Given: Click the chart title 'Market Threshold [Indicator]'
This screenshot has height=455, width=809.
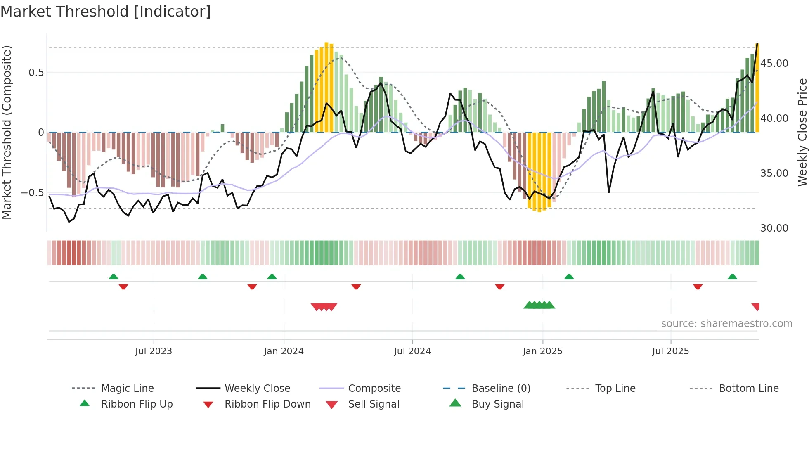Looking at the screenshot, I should click(106, 12).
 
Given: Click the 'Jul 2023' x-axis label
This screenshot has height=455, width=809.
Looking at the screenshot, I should click(154, 351).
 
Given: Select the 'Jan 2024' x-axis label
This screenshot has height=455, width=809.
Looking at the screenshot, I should click(284, 351).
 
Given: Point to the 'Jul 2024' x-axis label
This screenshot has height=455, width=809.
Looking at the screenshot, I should click(412, 351).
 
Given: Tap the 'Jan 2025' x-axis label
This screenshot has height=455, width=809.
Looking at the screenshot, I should click(542, 351).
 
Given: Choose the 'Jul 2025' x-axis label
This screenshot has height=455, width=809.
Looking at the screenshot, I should click(670, 351).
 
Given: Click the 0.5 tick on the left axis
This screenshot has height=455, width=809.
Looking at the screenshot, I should click(36, 73).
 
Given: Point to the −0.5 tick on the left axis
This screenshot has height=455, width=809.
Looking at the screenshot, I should click(32, 193).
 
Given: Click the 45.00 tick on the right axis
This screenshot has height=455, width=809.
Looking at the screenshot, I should click(774, 64).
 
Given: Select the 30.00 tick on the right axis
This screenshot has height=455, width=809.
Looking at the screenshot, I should click(774, 228).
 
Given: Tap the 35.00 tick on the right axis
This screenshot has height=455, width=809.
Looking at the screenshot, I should click(774, 173).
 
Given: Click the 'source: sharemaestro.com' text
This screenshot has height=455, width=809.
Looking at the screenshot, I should click(726, 323).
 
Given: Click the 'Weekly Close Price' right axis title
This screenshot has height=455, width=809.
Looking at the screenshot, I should click(802, 132).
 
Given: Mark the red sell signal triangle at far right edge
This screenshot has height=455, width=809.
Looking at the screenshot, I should click(756, 306).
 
